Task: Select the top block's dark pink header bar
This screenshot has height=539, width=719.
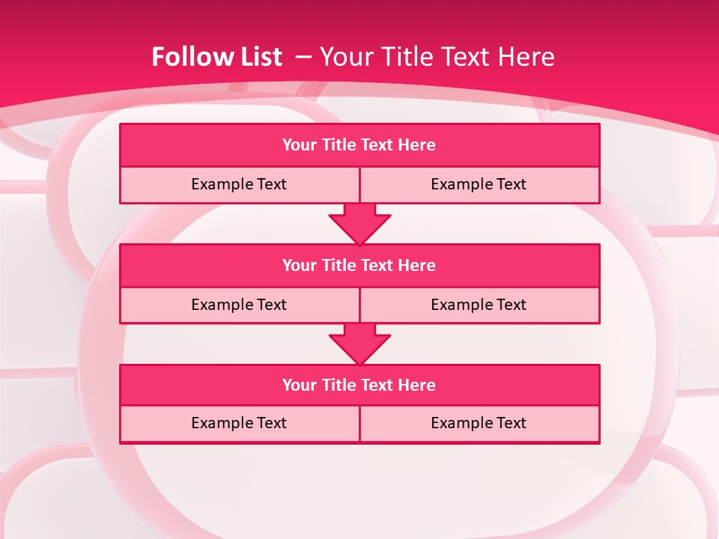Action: pyautogui.click(x=359, y=145)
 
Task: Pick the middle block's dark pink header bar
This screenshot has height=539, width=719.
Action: pyautogui.click(x=359, y=265)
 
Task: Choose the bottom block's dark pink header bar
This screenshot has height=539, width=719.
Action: pyautogui.click(x=359, y=385)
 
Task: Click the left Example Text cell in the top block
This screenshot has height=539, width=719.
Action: pyautogui.click(x=239, y=184)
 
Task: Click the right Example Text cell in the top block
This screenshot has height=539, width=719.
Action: pyautogui.click(x=479, y=184)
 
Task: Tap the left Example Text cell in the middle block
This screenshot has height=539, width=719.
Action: pyautogui.click(x=239, y=305)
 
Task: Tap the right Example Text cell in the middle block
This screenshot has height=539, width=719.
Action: pyautogui.click(x=479, y=305)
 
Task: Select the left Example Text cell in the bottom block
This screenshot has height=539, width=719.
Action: pyautogui.click(x=239, y=423)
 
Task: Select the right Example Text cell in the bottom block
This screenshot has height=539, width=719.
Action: pyautogui.click(x=479, y=423)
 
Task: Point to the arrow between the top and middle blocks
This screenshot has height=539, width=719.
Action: pyautogui.click(x=359, y=224)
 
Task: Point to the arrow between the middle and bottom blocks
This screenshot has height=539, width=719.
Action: pyautogui.click(x=359, y=344)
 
